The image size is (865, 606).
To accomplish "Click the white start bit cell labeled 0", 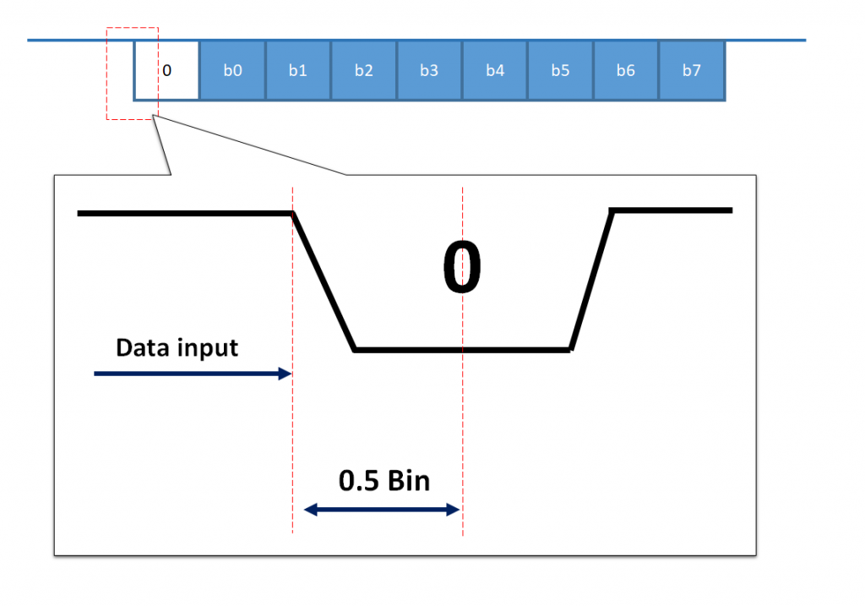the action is [x=166, y=70].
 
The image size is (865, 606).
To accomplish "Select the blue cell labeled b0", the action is [x=232, y=70].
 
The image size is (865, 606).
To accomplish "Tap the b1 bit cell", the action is [x=298, y=70].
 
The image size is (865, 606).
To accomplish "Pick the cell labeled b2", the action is [x=364, y=70].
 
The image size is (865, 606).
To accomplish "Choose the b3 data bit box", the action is [x=429, y=70].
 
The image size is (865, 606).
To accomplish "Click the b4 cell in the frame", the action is [x=495, y=70].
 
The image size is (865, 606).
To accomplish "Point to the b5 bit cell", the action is [x=561, y=70].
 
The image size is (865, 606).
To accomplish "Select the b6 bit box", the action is [x=626, y=70].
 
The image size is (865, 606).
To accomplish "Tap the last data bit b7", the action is [x=692, y=70].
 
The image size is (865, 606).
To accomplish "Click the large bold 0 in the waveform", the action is [x=462, y=268].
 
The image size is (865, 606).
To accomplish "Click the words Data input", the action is [x=177, y=347].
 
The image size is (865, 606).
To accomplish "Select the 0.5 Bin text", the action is [x=384, y=481].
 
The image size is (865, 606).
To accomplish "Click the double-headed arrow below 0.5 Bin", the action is [x=382, y=510].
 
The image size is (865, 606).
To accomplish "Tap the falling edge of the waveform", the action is [x=324, y=281].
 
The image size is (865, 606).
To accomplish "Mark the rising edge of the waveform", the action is [x=591, y=279].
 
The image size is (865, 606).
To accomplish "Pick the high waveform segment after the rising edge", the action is [x=672, y=210].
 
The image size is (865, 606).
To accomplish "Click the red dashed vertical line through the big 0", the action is [x=463, y=423].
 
